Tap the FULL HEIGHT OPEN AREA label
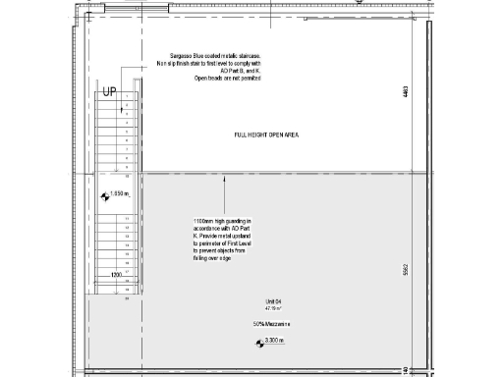coord(265,134)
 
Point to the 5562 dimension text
coord(405,270)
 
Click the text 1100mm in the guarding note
coord(205,222)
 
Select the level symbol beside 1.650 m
coord(107,194)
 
